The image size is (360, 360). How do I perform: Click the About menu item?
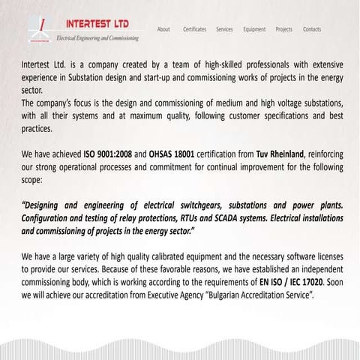[x=163, y=29]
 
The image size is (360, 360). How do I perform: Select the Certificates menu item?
[x=194, y=29]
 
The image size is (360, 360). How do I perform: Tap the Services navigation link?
[x=224, y=29]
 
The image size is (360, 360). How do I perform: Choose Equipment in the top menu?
[x=254, y=29]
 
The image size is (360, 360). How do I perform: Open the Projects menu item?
[x=284, y=29]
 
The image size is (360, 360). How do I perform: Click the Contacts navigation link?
[x=312, y=29]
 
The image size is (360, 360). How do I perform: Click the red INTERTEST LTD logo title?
[x=97, y=22]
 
